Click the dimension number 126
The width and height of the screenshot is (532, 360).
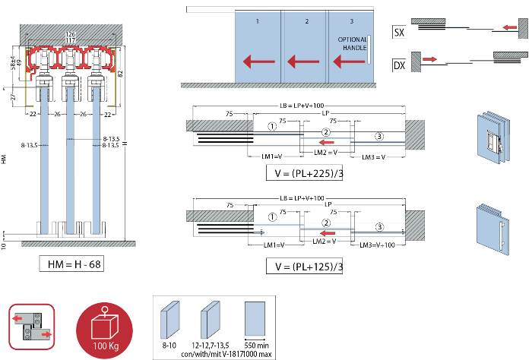click(x=71, y=34)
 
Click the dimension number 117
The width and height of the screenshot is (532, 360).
click(x=71, y=40)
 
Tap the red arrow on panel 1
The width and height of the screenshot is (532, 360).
click(x=258, y=61)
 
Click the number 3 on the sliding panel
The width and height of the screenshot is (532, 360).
click(x=351, y=21)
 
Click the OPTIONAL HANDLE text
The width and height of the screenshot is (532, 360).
click(x=352, y=43)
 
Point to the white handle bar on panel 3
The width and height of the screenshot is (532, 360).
click(x=369, y=49)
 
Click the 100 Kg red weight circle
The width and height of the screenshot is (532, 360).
click(x=104, y=330)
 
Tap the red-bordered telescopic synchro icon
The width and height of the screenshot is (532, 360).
click(x=32, y=326)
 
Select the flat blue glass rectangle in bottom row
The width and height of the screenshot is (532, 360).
click(x=255, y=319)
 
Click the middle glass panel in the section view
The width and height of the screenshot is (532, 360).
click(x=70, y=161)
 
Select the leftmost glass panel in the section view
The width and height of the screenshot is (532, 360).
click(x=44, y=161)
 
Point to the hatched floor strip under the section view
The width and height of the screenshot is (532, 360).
click(x=78, y=244)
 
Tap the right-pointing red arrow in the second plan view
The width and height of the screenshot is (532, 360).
click(x=429, y=58)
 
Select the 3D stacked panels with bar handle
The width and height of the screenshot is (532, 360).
click(x=492, y=229)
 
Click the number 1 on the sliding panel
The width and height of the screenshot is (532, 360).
click(x=258, y=21)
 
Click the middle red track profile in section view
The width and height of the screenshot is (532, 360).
click(x=70, y=59)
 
